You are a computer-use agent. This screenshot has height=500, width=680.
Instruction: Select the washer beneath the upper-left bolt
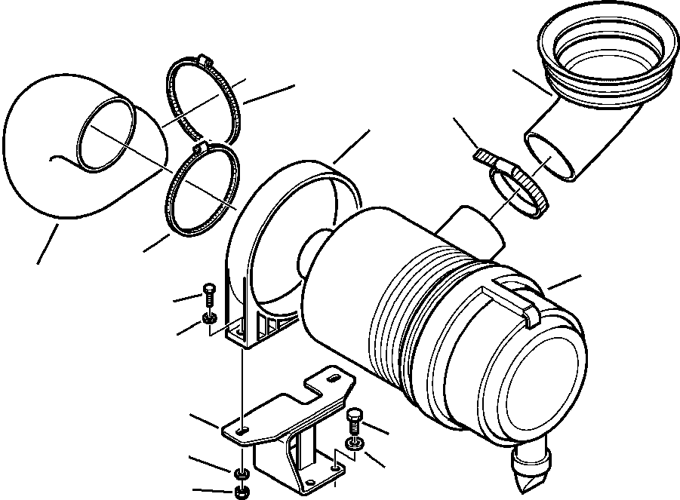[x=210, y=320]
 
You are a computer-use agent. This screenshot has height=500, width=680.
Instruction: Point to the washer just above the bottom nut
[x=239, y=474]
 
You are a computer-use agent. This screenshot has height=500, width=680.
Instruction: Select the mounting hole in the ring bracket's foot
[x=238, y=331]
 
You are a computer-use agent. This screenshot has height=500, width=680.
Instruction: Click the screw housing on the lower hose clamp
[x=201, y=149]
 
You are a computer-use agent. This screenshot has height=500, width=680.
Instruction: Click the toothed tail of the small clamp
[x=486, y=158]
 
